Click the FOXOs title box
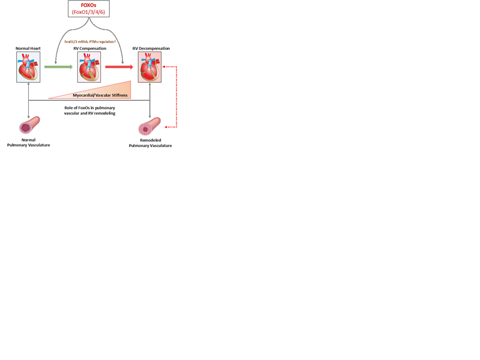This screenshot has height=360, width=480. [x=89, y=8]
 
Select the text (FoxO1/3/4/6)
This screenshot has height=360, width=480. [x=88, y=12]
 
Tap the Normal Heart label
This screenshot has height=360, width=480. [x=28, y=49]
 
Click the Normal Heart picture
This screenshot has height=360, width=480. [x=28, y=67]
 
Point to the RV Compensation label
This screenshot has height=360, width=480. [x=89, y=49]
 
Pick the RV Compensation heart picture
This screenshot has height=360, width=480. [x=89, y=67]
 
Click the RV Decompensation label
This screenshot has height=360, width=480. [x=151, y=49]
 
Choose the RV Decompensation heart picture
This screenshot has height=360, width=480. [x=149, y=67]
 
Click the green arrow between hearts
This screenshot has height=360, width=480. [x=58, y=67]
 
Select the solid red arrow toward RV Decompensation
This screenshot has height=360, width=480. [x=119, y=67]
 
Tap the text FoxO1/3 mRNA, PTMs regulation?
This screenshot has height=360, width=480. [x=90, y=41]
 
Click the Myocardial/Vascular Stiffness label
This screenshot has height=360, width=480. [x=100, y=95]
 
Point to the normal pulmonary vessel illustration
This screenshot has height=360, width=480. [x=29, y=125]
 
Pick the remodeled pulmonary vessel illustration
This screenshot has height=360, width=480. [x=149, y=126]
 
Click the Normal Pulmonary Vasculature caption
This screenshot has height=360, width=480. [x=28, y=142]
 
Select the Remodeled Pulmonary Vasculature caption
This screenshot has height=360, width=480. [x=151, y=143]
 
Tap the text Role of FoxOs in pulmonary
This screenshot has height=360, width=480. [x=89, y=108]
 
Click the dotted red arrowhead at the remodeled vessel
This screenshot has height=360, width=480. [x=166, y=127]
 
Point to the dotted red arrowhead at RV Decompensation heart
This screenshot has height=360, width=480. [x=163, y=67]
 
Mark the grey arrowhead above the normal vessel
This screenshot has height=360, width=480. [x=28, y=117]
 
